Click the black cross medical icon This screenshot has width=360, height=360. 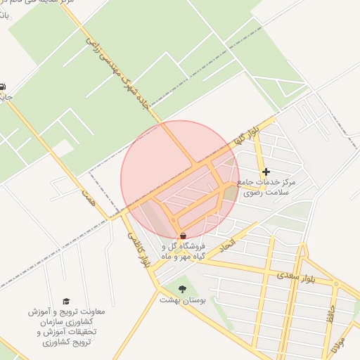tap(266, 172)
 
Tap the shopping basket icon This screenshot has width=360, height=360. tap(184, 236)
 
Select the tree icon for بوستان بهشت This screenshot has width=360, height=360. tap(183, 289)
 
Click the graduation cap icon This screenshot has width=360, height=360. tap(66, 301)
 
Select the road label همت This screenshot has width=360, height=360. tap(87, 196)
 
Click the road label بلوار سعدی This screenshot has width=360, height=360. tap(299, 275)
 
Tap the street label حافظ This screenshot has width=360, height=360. tap(330, 314)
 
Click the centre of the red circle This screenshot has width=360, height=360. tap(180, 180)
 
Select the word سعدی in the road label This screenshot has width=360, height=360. tap(288, 276)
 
